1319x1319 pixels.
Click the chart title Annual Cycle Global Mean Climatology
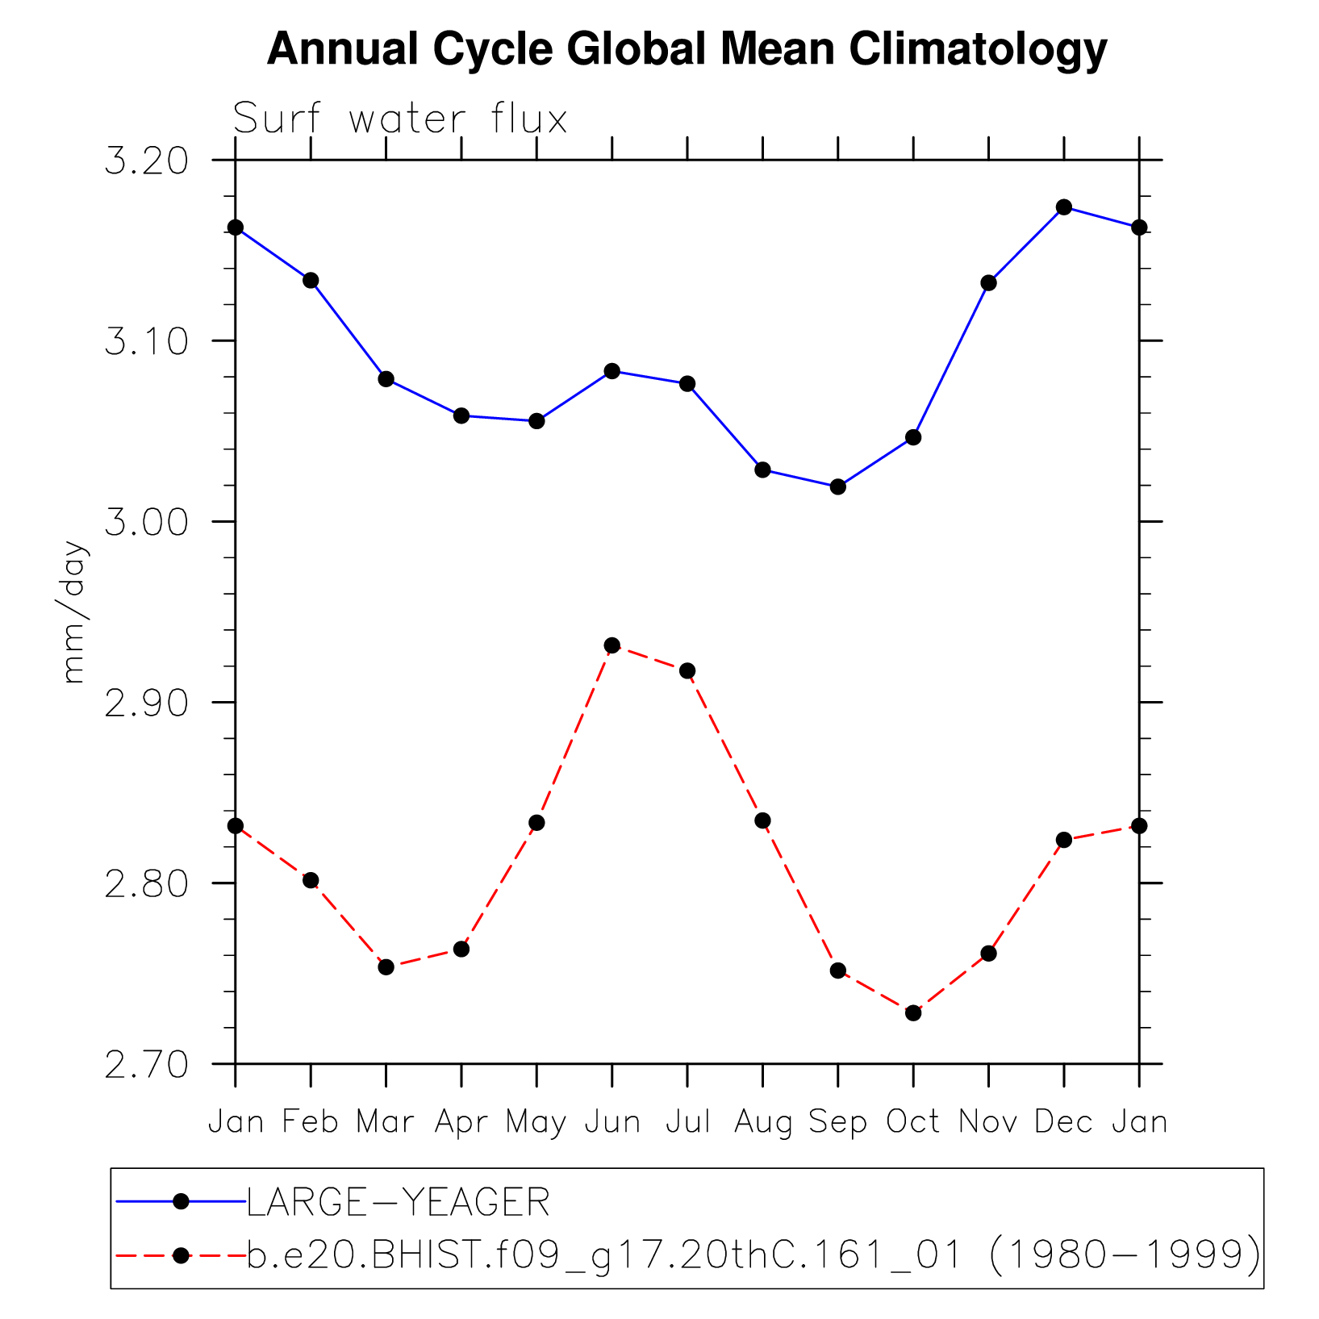tap(687, 49)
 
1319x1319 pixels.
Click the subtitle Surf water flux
tap(400, 119)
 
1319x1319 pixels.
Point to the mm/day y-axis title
tap(74, 612)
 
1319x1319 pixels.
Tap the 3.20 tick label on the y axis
tap(146, 161)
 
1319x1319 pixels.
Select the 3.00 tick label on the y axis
tap(146, 523)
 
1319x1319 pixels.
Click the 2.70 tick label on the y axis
tap(146, 1065)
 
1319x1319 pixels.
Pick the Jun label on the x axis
tap(612, 1122)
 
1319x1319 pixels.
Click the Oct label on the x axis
tap(913, 1122)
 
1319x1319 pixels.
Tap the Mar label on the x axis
tap(386, 1122)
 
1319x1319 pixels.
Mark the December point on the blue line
tap(1064, 207)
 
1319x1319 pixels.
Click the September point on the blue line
tap(838, 486)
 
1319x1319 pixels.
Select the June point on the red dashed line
tap(612, 645)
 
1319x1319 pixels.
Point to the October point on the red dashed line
tap(913, 1012)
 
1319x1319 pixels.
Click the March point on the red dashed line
tap(386, 966)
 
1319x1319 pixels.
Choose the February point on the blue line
tap(311, 280)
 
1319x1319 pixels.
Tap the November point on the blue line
tap(989, 282)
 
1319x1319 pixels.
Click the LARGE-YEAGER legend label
tap(399, 1203)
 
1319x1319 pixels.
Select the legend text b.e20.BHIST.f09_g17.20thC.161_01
tap(605, 1255)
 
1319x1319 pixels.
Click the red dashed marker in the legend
tap(182, 1255)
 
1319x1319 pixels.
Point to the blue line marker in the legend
tap(182, 1202)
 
